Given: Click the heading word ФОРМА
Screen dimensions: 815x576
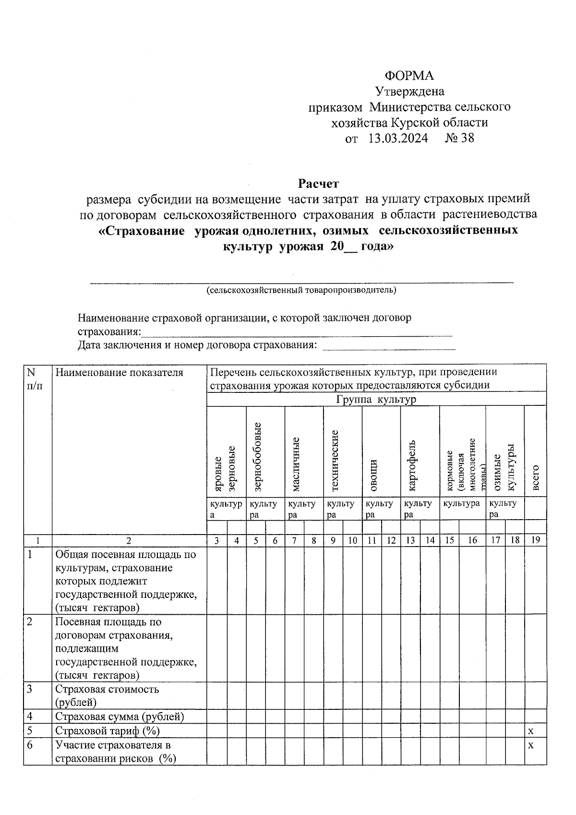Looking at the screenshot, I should click(x=409, y=76).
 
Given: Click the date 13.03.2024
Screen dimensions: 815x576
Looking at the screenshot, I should click(x=398, y=138).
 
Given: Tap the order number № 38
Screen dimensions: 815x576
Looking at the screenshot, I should click(x=459, y=138).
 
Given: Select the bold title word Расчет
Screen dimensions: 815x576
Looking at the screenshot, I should click(x=318, y=183).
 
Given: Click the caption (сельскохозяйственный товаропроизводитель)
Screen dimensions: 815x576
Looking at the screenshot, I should click(x=301, y=290).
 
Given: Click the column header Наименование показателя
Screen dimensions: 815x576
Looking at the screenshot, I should click(x=120, y=372).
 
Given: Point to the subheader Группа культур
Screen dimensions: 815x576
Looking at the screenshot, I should click(x=376, y=400).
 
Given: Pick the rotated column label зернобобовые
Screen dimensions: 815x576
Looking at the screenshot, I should click(x=257, y=457).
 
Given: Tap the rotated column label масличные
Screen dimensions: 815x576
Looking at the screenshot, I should click(x=296, y=464).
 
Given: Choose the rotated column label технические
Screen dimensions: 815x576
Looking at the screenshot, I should click(x=335, y=461).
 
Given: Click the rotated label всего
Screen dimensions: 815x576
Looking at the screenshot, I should click(x=536, y=478).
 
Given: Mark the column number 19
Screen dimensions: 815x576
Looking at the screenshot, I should click(x=536, y=540).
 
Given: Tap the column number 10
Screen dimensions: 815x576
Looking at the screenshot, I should click(x=352, y=540).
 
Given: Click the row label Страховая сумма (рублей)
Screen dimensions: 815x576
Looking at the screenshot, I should click(x=120, y=717).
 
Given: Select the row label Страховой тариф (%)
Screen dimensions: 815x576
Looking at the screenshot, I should click(x=108, y=730).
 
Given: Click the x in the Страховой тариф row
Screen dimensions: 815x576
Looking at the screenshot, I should click(x=530, y=731).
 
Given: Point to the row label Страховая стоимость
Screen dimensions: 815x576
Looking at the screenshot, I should click(x=107, y=689).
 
